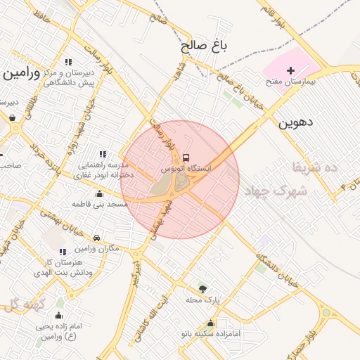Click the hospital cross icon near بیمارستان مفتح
coord(290,71)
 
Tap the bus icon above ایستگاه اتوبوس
coord(186,157)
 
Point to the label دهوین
coord(295,122)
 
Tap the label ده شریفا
coord(314,167)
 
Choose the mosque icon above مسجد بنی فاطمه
coord(99,193)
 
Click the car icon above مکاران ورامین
coord(96,238)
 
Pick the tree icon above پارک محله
coord(203,288)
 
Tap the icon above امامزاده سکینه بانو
coord(210,323)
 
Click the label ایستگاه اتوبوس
coord(186,169)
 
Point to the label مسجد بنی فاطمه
coord(99,204)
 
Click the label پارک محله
coord(203,300)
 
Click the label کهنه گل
coord(23,304)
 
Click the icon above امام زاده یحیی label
coord(58,315)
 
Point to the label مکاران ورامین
coord(96,249)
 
